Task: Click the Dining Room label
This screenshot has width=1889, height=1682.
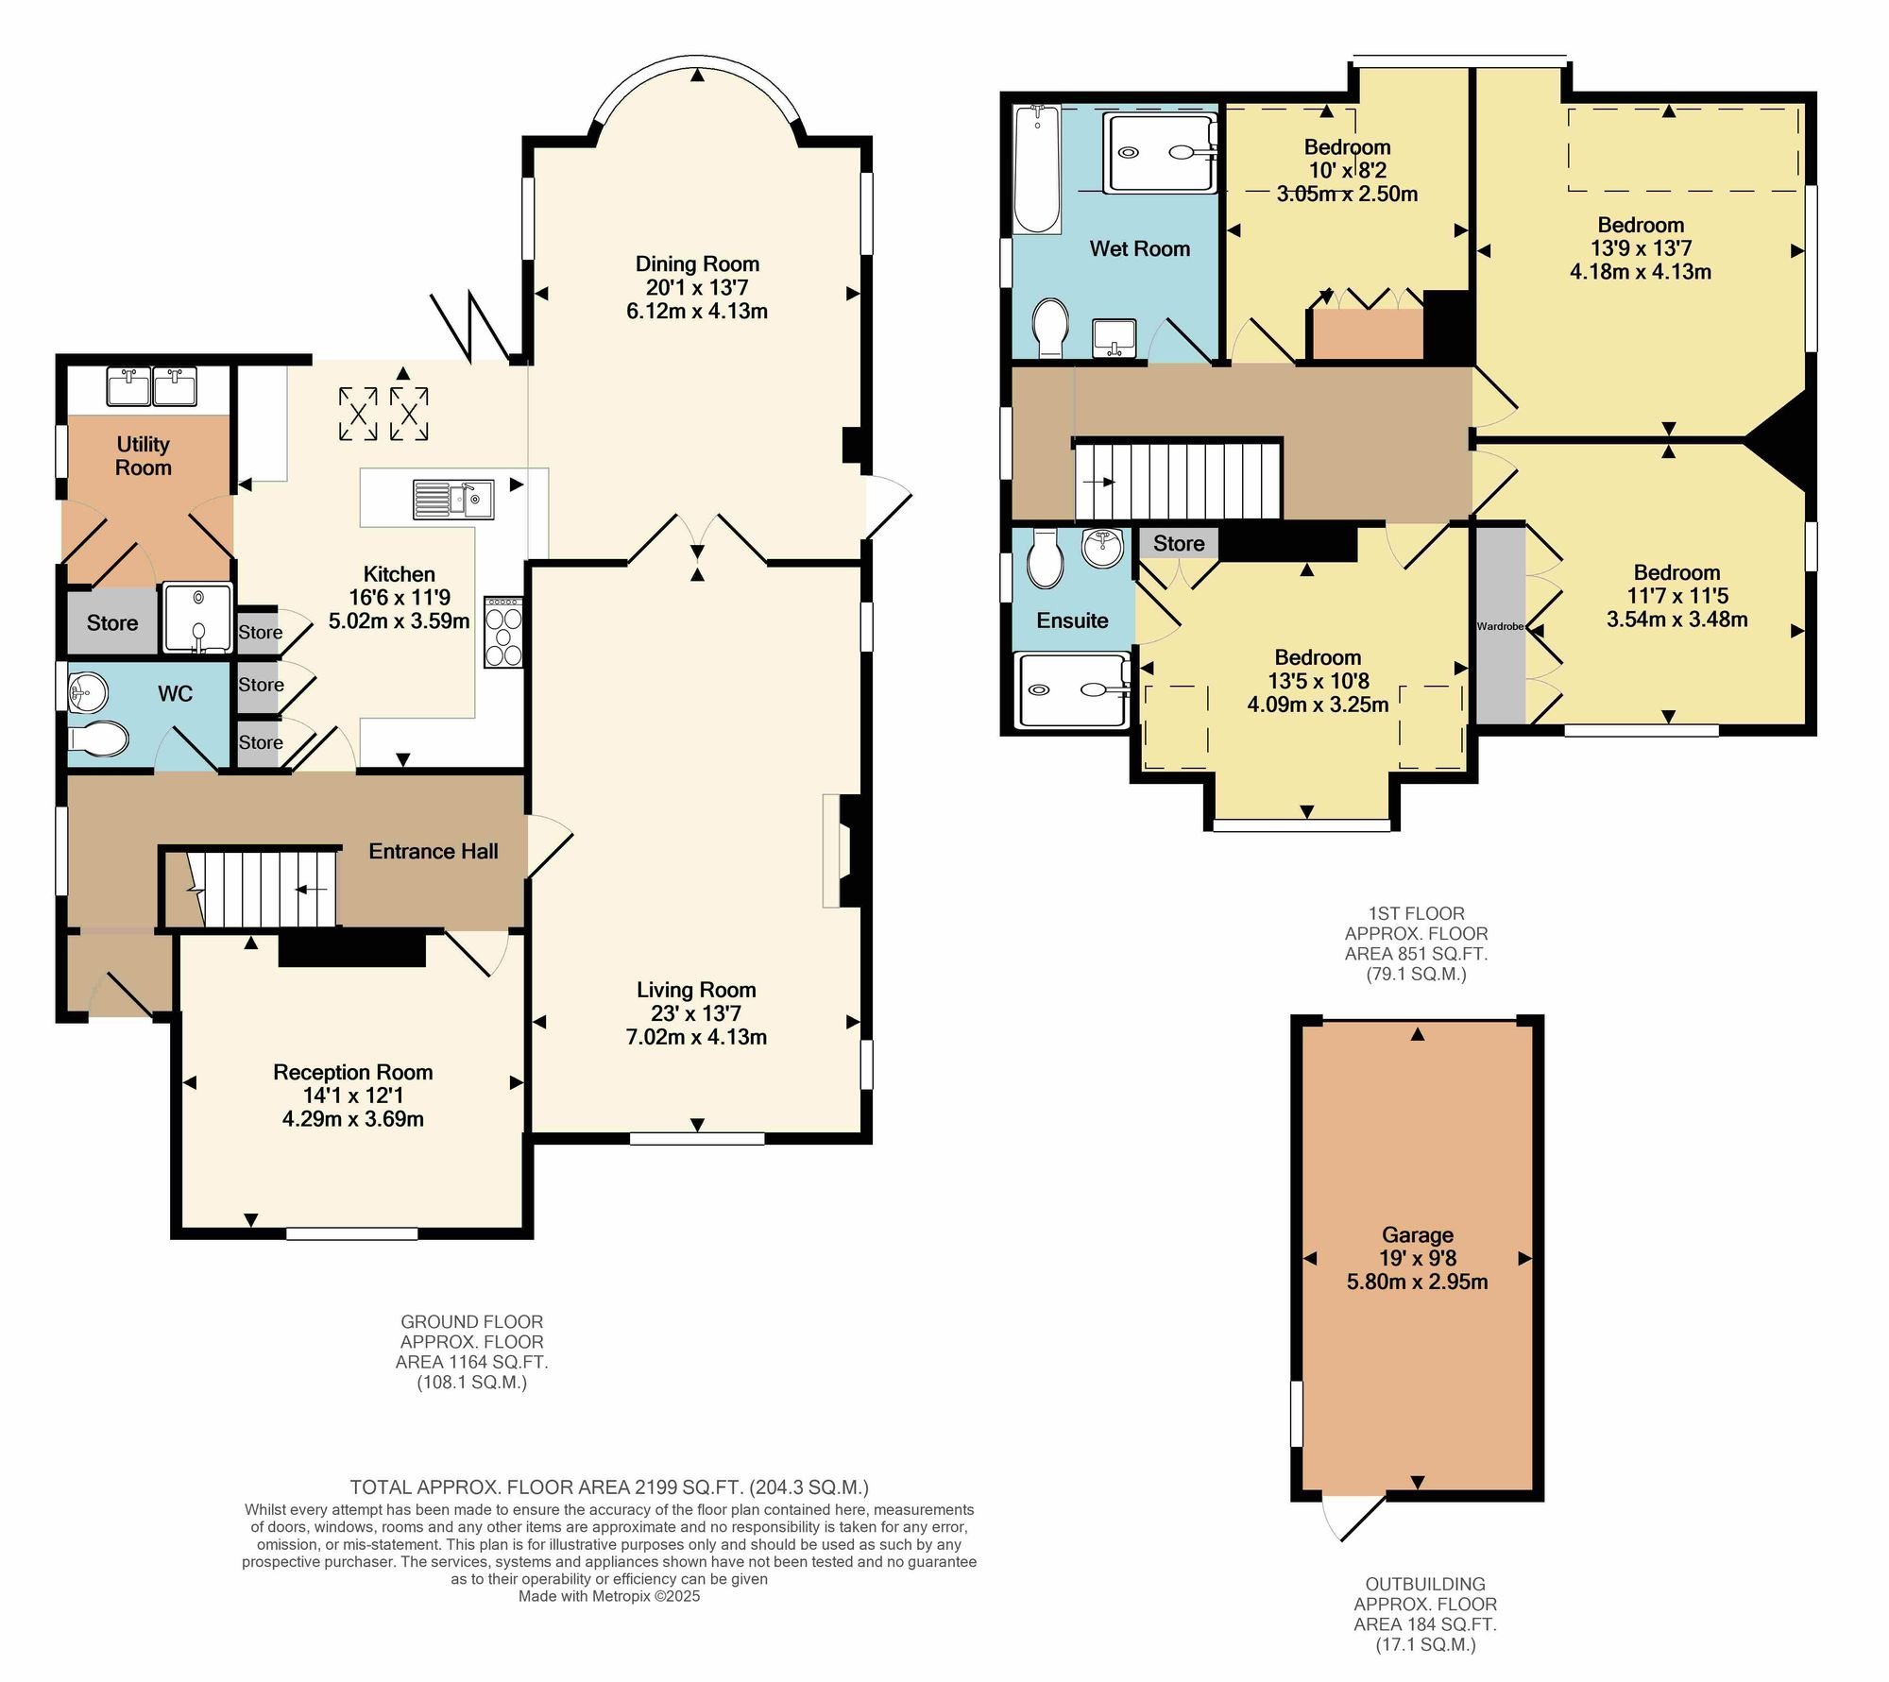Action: click(697, 263)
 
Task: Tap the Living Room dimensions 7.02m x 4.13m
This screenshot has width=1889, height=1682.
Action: click(696, 1037)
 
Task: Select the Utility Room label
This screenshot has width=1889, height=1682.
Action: click(144, 455)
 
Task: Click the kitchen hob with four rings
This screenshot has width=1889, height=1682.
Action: click(503, 632)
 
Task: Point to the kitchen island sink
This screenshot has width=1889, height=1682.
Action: click(453, 500)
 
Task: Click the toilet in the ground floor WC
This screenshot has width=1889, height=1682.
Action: click(98, 739)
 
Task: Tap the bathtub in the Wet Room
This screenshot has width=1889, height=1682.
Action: click(1037, 169)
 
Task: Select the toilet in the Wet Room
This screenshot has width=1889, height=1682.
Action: click(1051, 328)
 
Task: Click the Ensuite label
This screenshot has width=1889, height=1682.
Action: click(1072, 620)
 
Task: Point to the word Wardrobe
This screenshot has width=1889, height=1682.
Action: click(1501, 626)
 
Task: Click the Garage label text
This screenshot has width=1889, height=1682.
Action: click(1418, 1234)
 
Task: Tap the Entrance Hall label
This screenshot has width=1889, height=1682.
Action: click(434, 851)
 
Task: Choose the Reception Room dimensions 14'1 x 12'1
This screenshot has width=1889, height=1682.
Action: click(353, 1096)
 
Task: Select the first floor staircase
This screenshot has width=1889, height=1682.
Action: click(1178, 482)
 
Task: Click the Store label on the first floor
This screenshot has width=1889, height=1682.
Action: click(1179, 543)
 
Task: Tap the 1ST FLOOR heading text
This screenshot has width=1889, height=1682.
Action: click(1417, 913)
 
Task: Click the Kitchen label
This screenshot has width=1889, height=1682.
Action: click(400, 574)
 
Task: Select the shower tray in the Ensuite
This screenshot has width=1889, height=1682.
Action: click(1073, 690)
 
